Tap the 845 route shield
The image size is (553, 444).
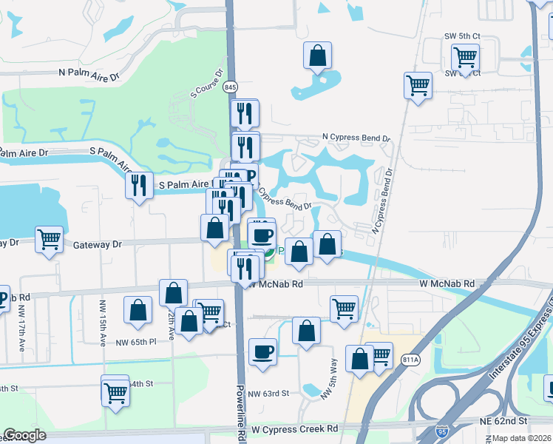pyautogui.click(x=232, y=87)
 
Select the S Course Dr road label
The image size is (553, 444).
pyautogui.click(x=207, y=84)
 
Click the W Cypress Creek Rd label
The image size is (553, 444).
pyautogui.click(x=294, y=428)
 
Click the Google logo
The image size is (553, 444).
pyautogui.click(x=25, y=435)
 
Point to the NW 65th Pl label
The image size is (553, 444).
pyautogui.click(x=132, y=342)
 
